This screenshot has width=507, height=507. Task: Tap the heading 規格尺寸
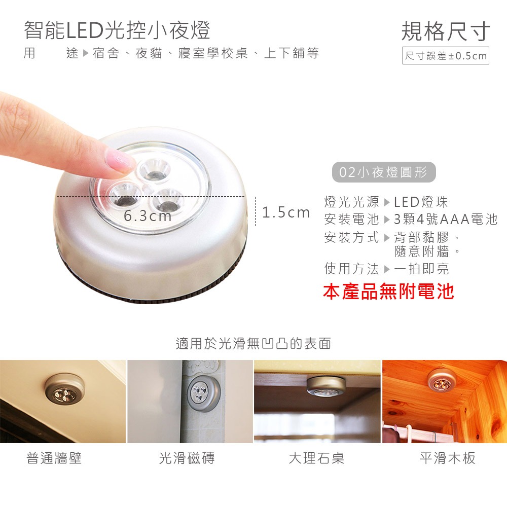point(446,31)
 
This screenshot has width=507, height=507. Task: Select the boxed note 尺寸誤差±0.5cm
point(446,56)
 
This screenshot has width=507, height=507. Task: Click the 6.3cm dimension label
point(148,216)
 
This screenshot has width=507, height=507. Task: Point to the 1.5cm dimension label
point(286,212)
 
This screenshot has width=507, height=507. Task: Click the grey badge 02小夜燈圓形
point(384,172)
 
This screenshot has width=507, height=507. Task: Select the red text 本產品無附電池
point(388,292)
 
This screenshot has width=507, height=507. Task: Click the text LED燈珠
point(421,202)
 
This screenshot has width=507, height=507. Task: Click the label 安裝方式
point(352,237)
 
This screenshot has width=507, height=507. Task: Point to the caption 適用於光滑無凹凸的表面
point(253,344)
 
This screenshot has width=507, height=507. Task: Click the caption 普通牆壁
point(54,458)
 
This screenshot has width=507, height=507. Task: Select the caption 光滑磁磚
point(187,458)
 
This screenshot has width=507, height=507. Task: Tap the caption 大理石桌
point(316,458)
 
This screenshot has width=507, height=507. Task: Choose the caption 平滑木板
point(448,458)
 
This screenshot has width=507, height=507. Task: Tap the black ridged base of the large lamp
point(152,297)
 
